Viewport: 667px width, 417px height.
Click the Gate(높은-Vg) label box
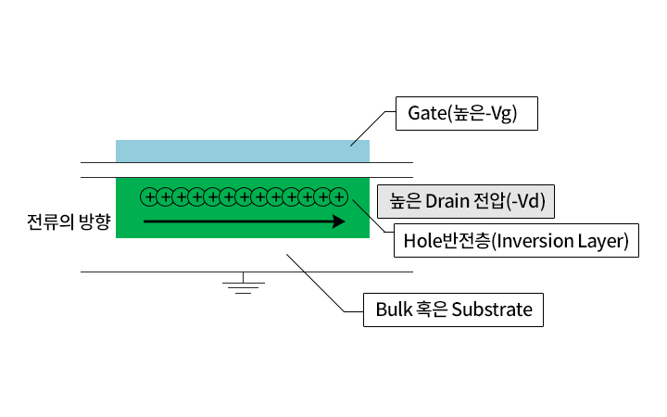pyautogui.click(x=467, y=113)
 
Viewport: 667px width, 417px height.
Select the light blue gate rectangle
pyautogui.click(x=243, y=151)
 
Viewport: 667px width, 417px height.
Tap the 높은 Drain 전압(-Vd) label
pyautogui.click(x=466, y=201)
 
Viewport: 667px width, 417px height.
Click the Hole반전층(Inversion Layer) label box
pyautogui.click(x=516, y=240)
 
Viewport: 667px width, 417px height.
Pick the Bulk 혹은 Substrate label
pyautogui.click(x=453, y=310)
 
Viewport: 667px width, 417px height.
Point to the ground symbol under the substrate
pyautogui.click(x=244, y=284)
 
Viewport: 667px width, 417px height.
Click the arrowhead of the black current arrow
pyautogui.click(x=339, y=221)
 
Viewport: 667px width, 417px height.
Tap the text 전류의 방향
pyautogui.click(x=69, y=221)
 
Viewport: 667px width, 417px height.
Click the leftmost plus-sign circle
pyautogui.click(x=149, y=197)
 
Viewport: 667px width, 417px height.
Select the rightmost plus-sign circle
pyautogui.click(x=339, y=197)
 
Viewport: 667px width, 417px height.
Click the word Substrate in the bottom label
pyautogui.click(x=492, y=310)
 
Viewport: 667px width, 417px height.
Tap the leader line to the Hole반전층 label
pyautogui.click(x=370, y=216)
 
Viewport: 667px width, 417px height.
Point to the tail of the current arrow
pyautogui.click(x=145, y=221)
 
